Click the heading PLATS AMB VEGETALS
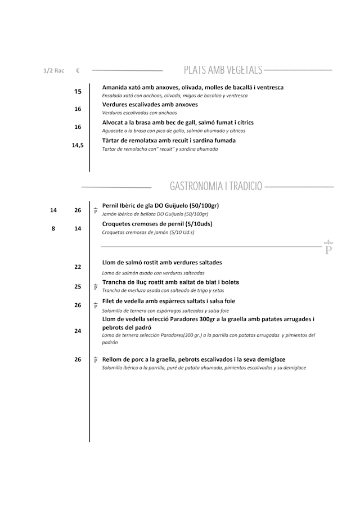[x=223, y=70]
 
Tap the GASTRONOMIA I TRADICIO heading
[x=215, y=186]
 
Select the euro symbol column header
[x=78, y=71]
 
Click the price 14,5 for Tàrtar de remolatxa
[x=78, y=145]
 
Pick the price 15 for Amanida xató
[x=78, y=92]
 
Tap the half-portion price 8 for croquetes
[x=53, y=229]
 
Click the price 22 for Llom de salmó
[x=78, y=267]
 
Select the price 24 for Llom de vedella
[x=78, y=331]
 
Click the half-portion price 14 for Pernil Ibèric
[x=53, y=210]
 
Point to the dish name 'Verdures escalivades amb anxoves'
[x=150, y=105]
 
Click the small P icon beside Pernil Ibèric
[x=96, y=210]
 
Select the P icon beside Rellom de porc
[x=96, y=359]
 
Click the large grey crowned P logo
[x=328, y=248]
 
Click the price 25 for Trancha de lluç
[x=78, y=287]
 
